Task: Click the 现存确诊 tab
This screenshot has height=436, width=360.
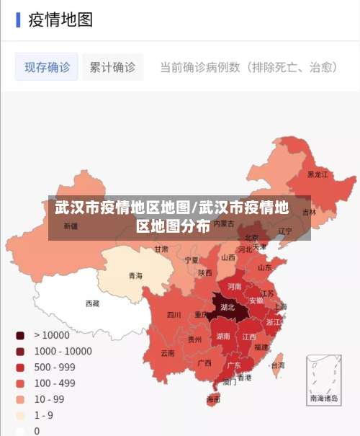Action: [48, 67]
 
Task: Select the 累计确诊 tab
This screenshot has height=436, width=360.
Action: [112, 67]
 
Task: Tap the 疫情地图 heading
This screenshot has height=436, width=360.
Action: [60, 19]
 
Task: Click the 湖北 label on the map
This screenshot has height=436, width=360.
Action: [228, 307]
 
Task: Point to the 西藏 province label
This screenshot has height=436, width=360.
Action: [93, 303]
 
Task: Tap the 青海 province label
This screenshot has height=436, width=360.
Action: [135, 275]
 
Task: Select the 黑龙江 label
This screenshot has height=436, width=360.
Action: [318, 174]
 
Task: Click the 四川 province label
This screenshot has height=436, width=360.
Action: [174, 314]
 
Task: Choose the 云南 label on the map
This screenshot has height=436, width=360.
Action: [167, 353]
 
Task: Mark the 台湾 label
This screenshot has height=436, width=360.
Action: [277, 365]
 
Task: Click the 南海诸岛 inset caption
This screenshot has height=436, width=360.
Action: [323, 397]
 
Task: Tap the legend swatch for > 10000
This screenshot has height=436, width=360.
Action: [20, 335]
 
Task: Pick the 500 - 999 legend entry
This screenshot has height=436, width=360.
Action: [54, 367]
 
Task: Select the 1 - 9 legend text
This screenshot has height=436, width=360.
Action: [43, 415]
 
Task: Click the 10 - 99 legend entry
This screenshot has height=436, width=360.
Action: [49, 399]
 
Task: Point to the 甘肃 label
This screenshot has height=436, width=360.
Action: [161, 249]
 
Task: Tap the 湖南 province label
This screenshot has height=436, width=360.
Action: [223, 336]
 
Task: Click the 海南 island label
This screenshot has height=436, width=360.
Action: [213, 399]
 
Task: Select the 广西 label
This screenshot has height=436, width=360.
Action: [204, 362]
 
